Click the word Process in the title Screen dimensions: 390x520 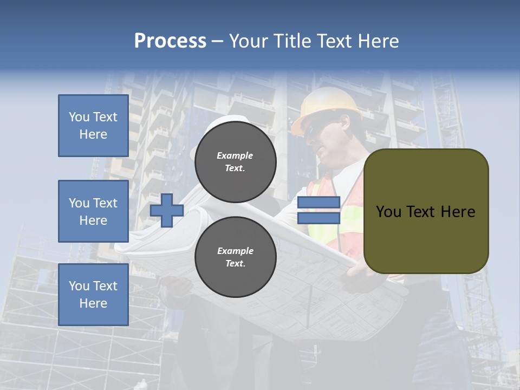point(170,41)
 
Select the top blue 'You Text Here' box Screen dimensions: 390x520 point(93,126)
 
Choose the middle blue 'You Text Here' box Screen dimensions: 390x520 point(93,211)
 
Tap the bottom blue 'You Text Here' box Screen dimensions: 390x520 point(93,295)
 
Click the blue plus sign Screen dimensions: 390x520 point(167,211)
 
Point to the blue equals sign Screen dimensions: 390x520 point(318,211)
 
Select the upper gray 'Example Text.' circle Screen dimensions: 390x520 point(235,162)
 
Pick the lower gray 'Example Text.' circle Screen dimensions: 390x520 point(235,257)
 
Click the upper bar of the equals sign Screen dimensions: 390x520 point(318,203)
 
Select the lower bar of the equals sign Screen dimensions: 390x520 point(318,218)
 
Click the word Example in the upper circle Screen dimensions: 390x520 point(235,156)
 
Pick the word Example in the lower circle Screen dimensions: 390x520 point(235,251)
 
